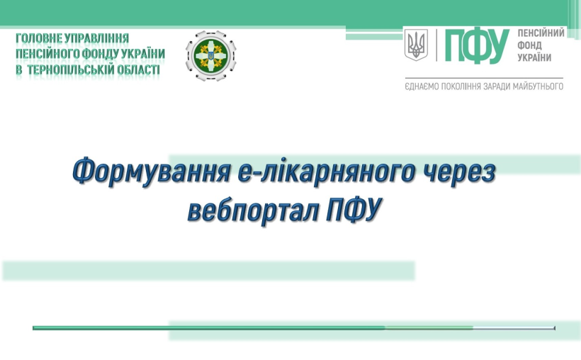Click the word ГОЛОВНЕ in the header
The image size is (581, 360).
(39, 38)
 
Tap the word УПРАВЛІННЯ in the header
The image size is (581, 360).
(96, 38)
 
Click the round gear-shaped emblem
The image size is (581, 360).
(211, 55)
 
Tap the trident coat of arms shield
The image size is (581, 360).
(416, 45)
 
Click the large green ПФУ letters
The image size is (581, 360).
(477, 46)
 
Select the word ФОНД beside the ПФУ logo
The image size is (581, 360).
(529, 45)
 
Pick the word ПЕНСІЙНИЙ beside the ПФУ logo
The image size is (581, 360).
(541, 33)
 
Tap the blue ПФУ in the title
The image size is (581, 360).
(354, 210)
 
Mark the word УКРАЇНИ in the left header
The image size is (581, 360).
(141, 54)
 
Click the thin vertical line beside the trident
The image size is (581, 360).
(436, 45)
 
